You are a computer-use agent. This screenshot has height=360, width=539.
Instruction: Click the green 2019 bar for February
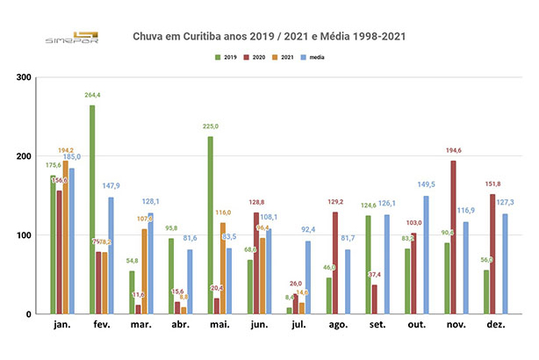click(92, 210)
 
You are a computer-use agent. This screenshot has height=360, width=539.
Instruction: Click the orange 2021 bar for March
click(144, 271)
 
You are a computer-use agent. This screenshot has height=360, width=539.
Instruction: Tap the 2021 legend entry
click(280, 57)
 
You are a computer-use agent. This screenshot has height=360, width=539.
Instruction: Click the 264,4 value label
click(90, 97)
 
